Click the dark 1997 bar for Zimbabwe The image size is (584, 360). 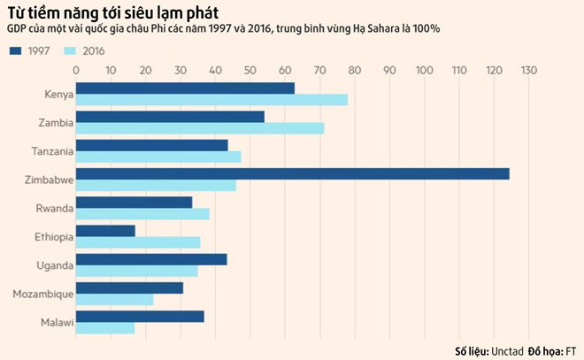click(292, 173)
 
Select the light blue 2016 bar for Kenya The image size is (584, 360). click(211, 100)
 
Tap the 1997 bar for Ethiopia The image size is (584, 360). click(105, 230)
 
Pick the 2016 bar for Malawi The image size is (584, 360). click(105, 328)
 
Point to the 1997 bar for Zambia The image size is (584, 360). click(170, 117)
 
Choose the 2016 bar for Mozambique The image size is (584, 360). click(114, 300)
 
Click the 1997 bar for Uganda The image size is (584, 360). click(151, 259)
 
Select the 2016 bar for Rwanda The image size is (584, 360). click(142, 214)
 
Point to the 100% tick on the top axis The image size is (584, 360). click(425, 69)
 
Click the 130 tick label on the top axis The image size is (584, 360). click(529, 69)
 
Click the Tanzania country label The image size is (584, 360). click(50, 151)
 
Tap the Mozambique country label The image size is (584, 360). click(43, 293)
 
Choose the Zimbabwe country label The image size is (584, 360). click(48, 180)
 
